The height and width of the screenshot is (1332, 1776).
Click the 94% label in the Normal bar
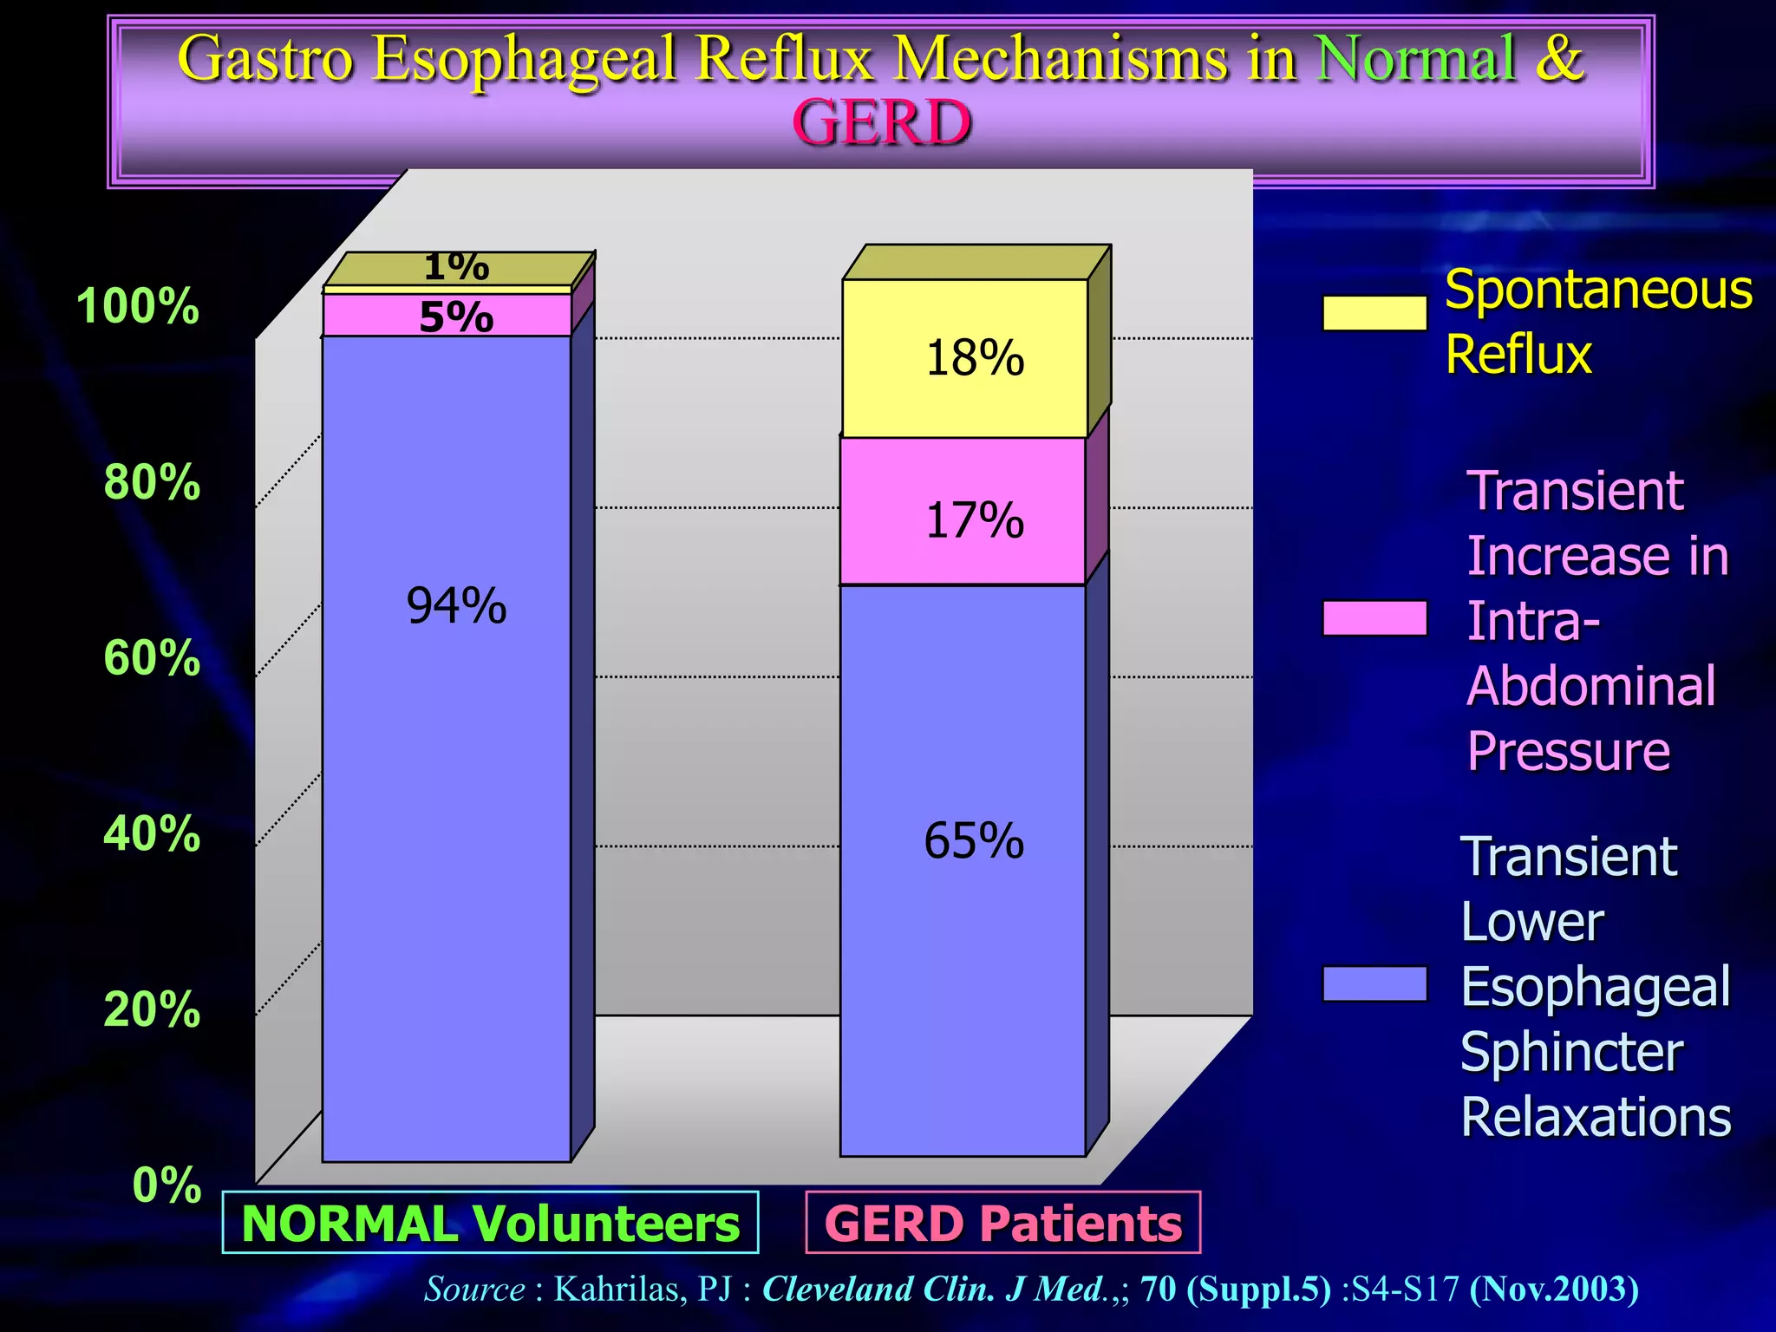(456, 605)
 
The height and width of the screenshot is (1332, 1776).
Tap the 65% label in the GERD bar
(974, 840)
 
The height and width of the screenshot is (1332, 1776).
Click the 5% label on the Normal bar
(456, 317)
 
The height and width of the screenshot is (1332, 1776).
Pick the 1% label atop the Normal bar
(456, 267)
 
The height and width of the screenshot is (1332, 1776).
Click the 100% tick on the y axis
(137, 306)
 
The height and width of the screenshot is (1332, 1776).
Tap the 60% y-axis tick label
(152, 657)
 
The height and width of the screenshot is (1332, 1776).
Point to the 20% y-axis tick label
(152, 1009)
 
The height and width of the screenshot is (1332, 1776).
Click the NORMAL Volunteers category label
(491, 1223)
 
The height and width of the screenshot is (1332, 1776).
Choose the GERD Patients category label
(1003, 1223)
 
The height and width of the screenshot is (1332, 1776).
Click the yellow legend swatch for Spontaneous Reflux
(1374, 313)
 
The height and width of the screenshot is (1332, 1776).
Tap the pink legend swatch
(1374, 618)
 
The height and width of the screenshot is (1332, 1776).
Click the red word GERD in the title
(881, 122)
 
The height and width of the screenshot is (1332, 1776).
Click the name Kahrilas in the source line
(616, 1289)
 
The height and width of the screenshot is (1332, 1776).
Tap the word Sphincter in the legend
(1571, 1051)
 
